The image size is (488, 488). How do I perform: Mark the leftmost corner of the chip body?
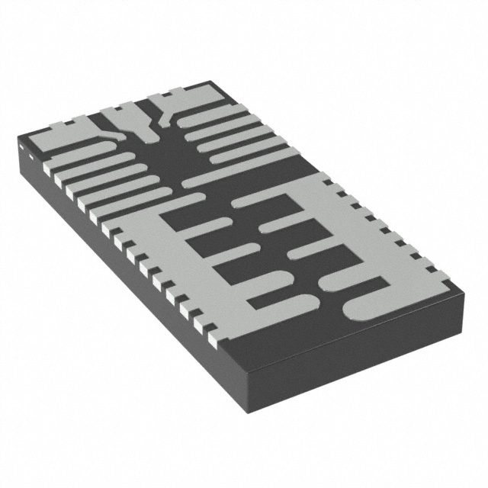click(x=18, y=142)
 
